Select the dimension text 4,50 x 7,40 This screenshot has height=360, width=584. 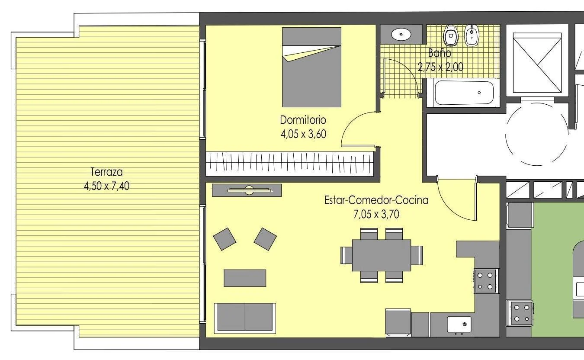point(106,186)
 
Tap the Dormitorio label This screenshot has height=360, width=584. point(303,120)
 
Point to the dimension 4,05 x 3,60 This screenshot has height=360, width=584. point(303,134)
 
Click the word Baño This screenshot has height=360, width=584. point(440,53)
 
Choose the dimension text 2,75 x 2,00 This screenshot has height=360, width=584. point(440,67)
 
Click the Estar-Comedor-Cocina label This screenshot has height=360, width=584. point(376,200)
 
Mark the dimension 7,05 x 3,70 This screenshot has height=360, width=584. point(376,214)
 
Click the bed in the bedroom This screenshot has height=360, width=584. point(311,67)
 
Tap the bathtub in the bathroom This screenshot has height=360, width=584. point(464,93)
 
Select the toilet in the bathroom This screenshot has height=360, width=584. point(451,35)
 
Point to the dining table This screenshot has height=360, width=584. point(381,255)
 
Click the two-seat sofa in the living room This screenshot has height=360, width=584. point(245,317)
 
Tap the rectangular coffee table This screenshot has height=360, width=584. point(245,278)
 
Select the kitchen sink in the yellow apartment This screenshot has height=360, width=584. point(459,324)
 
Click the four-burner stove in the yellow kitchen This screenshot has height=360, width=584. point(485,280)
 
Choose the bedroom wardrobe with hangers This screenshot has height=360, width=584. point(290,163)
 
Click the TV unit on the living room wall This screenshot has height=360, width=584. point(247,190)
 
